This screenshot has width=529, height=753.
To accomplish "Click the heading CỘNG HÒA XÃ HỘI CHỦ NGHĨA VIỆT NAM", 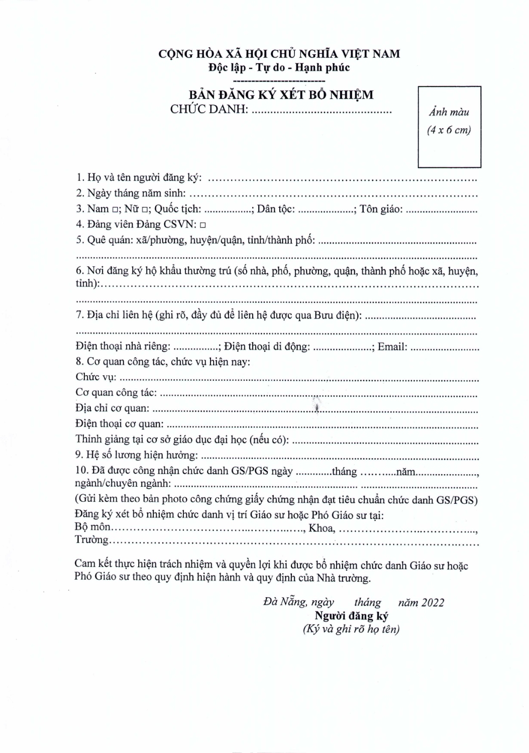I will point(279,54).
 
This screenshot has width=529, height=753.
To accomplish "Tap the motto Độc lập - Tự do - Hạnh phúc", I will point(279,67).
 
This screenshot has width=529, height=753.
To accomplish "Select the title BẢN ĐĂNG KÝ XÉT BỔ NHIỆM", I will point(281,94).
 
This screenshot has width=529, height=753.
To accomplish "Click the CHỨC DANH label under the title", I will point(209,109).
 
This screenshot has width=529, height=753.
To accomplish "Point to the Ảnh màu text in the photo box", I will point(449,112).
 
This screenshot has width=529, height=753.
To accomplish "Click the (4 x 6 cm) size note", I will point(449,130).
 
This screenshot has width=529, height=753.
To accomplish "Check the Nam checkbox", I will point(116,209).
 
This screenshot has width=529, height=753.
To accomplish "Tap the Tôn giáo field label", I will point(381,209).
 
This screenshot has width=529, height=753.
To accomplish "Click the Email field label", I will point(392,347).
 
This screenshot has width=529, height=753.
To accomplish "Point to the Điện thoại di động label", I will point(267,347).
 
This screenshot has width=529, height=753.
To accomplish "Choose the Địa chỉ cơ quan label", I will point(113,408).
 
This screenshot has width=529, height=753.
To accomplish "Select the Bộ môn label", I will point(92,527).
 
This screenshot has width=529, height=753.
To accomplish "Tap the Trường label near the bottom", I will point(91,540).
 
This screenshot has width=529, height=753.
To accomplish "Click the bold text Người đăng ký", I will point(351,616).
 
